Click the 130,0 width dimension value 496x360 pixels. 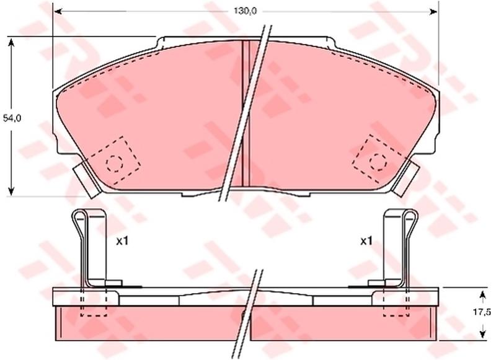tap(246, 11)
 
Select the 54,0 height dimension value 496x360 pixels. tap(12, 118)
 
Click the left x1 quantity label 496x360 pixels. tap(122, 242)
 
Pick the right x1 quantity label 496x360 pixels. tap(366, 242)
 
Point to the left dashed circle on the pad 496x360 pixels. tap(115, 164)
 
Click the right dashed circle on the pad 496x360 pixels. tap(378, 162)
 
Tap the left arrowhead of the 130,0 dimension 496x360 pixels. tap(58, 12)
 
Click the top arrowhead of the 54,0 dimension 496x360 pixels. tap(11, 42)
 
